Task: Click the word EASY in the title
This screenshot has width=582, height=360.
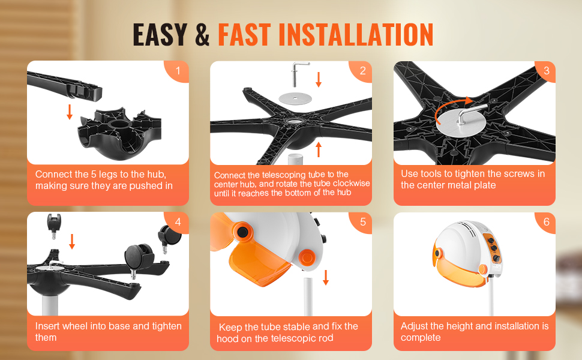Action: pyautogui.click(x=160, y=35)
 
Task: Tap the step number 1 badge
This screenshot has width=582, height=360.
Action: pyautogui.click(x=178, y=71)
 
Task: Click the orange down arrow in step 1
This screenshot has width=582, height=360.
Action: pyautogui.click(x=70, y=112)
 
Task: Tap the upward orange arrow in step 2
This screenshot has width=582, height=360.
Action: pyautogui.click(x=319, y=149)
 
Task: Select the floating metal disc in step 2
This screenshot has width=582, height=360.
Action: pyautogui.click(x=295, y=98)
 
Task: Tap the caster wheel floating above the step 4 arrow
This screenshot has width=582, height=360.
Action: pyautogui.click(x=54, y=225)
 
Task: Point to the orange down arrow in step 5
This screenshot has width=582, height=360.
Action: pyautogui.click(x=326, y=277)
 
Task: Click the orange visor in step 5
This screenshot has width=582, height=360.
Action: pyautogui.click(x=260, y=262)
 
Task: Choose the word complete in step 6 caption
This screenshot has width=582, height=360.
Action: pyautogui.click(x=421, y=338)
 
